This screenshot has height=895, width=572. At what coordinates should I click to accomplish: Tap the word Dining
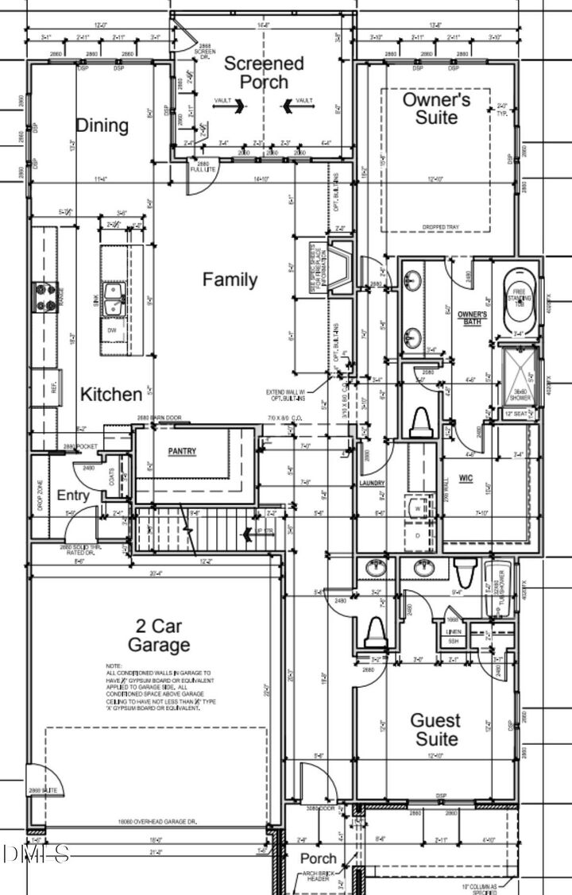point(102,125)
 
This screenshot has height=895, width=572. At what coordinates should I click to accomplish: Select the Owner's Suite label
point(436,108)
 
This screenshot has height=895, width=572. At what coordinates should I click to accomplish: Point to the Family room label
point(230,280)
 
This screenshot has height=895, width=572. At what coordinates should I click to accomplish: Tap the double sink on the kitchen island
point(114,298)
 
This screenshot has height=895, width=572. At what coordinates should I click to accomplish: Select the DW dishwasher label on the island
point(113,330)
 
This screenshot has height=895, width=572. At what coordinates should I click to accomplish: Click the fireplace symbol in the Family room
point(341,269)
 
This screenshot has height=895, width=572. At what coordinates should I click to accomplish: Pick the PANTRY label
point(182,451)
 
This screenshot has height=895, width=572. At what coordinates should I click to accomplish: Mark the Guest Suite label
point(435,729)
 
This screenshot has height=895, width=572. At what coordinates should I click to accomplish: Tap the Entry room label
point(73,495)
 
